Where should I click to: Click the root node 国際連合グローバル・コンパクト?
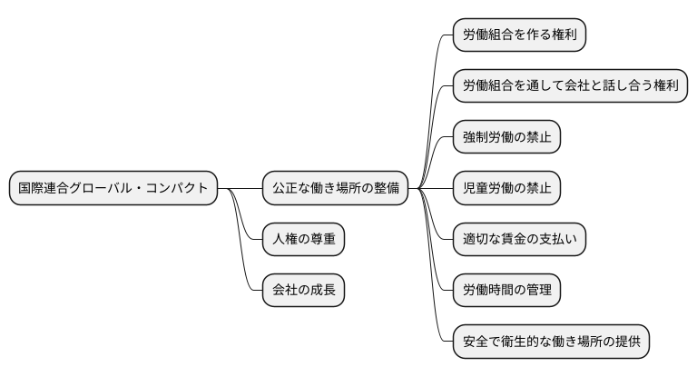point(113,189)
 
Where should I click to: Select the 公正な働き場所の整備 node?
point(335,189)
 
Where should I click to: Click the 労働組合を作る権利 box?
point(520,35)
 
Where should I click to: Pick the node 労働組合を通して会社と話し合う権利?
point(569,86)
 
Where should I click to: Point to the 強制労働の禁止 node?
point(507,138)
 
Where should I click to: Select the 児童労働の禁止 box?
point(507,189)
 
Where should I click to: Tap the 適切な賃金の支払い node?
point(520,241)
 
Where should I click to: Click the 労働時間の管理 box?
point(507,292)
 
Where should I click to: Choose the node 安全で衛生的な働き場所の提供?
point(551,342)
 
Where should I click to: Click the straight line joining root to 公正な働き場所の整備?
point(240,189)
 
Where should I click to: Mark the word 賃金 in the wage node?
point(520,241)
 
